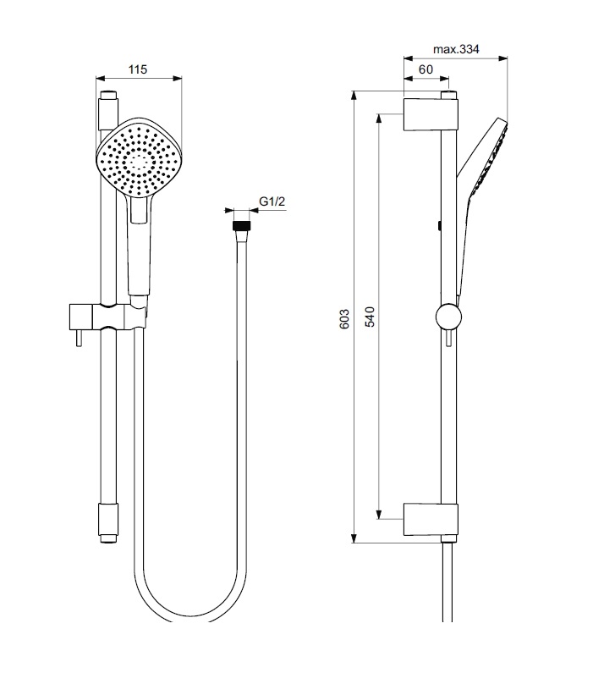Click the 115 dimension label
click(137, 69)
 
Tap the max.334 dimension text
click(456, 49)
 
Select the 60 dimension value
click(426, 69)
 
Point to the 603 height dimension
click(344, 318)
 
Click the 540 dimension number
click(370, 317)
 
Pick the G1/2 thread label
click(272, 201)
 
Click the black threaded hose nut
click(242, 226)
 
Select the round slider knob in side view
click(448, 317)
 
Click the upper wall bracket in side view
click(431, 114)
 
